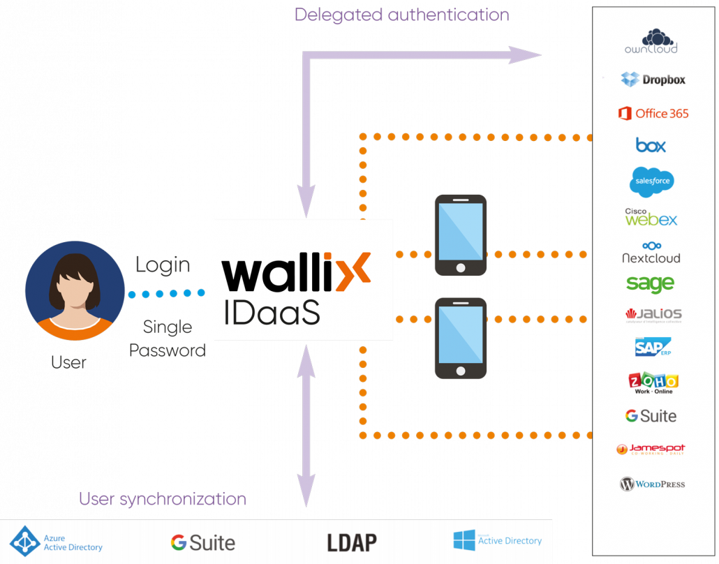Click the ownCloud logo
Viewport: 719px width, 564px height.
[651, 41]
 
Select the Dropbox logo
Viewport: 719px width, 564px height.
[653, 80]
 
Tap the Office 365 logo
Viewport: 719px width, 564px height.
[653, 113]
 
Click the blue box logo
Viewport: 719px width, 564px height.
[651, 145]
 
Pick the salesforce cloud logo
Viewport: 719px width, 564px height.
[651, 181]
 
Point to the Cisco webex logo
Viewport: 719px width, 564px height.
[651, 217]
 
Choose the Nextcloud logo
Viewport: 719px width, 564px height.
[651, 253]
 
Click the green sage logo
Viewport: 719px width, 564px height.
[650, 283]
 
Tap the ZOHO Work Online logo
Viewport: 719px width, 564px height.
[653, 383]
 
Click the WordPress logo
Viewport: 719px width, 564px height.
[652, 484]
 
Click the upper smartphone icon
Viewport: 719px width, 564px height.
[460, 235]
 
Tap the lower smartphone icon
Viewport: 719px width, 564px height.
[460, 338]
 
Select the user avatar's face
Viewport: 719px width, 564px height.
[74, 288]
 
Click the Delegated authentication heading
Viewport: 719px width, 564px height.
[401, 14]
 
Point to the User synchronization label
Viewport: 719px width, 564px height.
[162, 499]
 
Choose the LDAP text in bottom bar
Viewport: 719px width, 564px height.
[352, 542]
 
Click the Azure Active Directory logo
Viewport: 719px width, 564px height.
[57, 542]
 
